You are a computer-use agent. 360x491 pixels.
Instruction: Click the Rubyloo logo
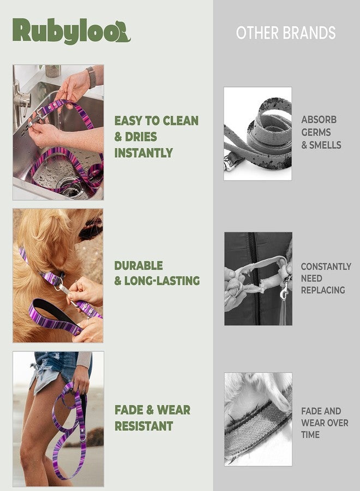(x=71, y=31)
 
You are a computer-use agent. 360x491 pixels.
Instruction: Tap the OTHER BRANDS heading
(x=285, y=33)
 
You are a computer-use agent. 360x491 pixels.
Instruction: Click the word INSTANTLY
(x=143, y=153)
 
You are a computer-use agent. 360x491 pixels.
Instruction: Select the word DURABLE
(x=139, y=266)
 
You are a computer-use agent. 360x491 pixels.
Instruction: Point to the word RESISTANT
(x=143, y=426)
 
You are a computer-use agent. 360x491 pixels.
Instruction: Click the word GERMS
(x=316, y=132)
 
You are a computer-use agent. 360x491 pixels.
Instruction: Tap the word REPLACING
(x=323, y=290)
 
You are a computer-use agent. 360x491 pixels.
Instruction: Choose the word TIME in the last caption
(x=310, y=435)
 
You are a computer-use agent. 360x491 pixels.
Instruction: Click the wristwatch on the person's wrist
(x=91, y=77)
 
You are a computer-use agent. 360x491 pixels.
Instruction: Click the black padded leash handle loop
(x=53, y=312)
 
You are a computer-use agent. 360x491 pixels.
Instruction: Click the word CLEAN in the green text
(x=181, y=121)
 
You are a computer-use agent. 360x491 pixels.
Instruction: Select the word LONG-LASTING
(x=162, y=281)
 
